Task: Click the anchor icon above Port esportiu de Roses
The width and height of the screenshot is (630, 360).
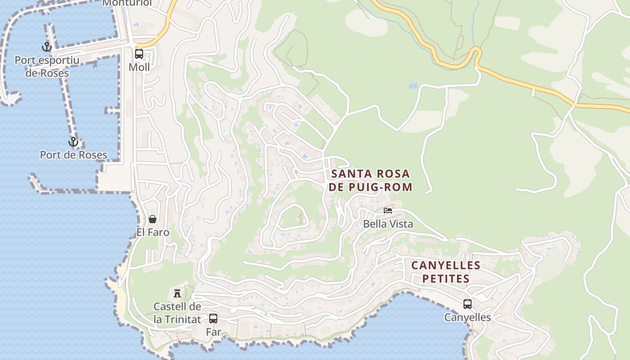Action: (x=47, y=46)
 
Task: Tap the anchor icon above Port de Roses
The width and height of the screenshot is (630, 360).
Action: (x=73, y=142)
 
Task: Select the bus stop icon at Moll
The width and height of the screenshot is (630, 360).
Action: (x=139, y=54)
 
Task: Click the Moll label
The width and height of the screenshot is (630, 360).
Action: (x=139, y=67)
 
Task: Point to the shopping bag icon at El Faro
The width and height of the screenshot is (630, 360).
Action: (x=153, y=219)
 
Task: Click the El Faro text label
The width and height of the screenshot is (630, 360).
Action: (x=153, y=232)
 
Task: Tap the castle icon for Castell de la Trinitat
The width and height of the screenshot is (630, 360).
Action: (x=177, y=293)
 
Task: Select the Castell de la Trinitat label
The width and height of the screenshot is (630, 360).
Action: (x=177, y=313)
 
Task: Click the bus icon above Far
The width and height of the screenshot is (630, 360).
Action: (x=213, y=319)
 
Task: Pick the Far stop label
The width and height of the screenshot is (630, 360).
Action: (x=213, y=332)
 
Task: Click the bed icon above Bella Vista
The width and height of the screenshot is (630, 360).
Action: (x=388, y=210)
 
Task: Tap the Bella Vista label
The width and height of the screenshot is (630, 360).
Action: (x=388, y=224)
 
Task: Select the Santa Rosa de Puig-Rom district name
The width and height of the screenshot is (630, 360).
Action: (x=370, y=180)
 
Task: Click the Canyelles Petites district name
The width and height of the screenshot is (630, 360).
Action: (x=446, y=272)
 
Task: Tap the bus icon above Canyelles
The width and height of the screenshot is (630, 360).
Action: (x=468, y=304)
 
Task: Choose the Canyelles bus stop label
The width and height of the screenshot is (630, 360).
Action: (x=468, y=317)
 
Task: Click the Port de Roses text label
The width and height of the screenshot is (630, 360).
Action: (x=74, y=155)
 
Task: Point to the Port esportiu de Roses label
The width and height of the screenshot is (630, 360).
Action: (x=47, y=67)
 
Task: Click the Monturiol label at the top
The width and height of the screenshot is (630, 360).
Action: (x=127, y=3)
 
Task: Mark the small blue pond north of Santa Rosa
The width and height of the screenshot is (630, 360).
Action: (x=413, y=85)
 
